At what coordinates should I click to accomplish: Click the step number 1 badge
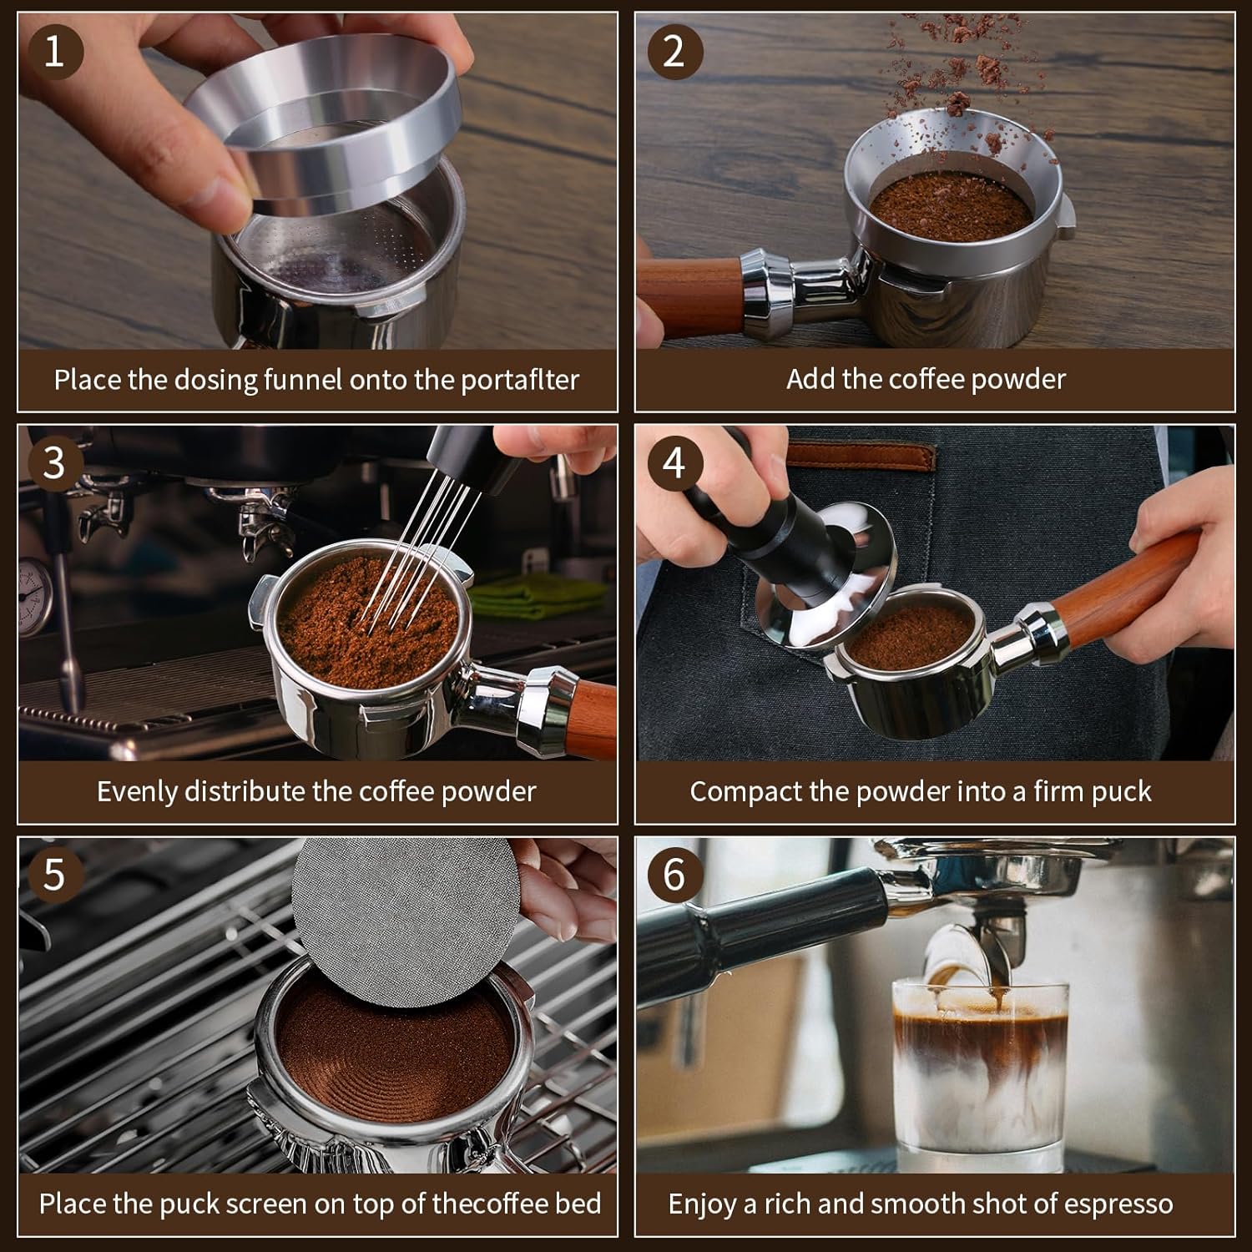(53, 52)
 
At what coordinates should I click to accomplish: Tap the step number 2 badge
(673, 52)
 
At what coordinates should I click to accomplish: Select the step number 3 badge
(53, 463)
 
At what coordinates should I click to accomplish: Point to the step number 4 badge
(673, 463)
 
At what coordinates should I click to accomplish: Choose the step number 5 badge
(53, 875)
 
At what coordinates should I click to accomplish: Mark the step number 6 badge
(673, 875)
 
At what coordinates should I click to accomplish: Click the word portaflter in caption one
(520, 381)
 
